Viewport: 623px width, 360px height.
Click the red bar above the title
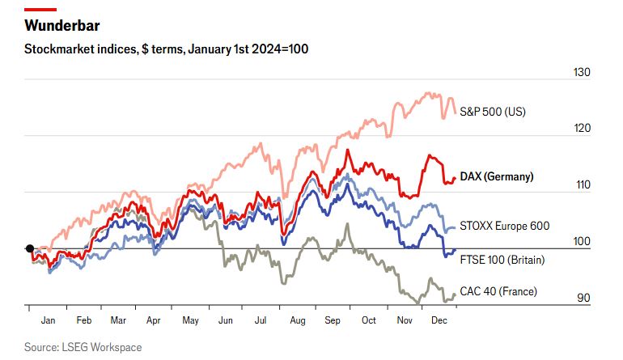tap(40, 9)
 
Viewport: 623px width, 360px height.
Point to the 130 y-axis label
tap(583, 72)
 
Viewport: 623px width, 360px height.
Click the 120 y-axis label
tap(583, 129)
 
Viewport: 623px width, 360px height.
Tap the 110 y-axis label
tap(583, 184)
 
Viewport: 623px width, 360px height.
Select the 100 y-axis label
tap(583, 241)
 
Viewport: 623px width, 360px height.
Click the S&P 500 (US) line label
tap(493, 112)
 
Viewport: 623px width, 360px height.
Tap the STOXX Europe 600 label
tap(504, 226)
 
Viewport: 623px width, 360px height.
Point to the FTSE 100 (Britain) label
tap(502, 260)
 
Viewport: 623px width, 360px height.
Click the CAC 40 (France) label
tap(498, 291)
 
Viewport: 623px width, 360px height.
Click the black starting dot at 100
tap(29, 248)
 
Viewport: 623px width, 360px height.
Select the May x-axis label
tap(190, 320)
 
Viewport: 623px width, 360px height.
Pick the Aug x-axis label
tap(298, 320)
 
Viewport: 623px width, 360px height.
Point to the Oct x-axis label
tap(369, 320)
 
